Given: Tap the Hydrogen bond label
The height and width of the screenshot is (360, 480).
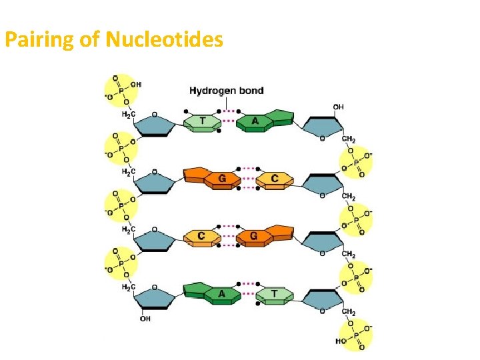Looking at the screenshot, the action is (x=227, y=91).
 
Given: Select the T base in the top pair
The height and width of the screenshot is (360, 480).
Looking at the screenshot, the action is (x=202, y=121).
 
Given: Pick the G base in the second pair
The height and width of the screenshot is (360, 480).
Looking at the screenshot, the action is (x=221, y=179).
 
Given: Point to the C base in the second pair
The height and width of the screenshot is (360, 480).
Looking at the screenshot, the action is (x=275, y=178).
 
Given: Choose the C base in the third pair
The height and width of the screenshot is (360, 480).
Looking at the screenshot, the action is (x=201, y=236).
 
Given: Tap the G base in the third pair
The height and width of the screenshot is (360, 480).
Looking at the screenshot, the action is (x=255, y=235).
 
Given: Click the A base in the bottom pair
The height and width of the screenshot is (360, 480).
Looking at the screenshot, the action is (x=221, y=293).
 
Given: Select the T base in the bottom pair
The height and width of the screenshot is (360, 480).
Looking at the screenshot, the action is (x=275, y=293).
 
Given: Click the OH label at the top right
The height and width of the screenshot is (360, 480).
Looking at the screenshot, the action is (x=339, y=107).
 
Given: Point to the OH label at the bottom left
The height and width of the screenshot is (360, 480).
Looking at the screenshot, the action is (x=145, y=319).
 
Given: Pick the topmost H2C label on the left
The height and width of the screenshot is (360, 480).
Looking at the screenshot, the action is (x=128, y=114).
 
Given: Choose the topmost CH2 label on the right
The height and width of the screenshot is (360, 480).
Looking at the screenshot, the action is (x=349, y=139).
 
